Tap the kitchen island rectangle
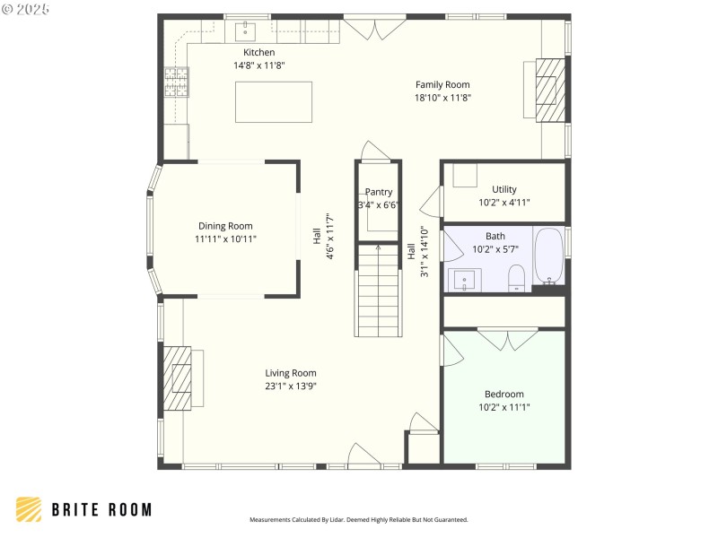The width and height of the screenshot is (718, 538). tap(274, 101)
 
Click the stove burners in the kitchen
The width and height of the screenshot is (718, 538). tap(176, 82)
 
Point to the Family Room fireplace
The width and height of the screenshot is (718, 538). tap(551, 90)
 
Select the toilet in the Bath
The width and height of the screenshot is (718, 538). tap(517, 278)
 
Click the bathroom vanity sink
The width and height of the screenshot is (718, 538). tap(465, 281)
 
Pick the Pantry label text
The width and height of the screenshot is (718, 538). tap(378, 192)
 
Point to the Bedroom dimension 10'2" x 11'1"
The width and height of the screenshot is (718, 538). tap(503, 407)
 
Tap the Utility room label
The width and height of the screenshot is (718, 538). tap(503, 189)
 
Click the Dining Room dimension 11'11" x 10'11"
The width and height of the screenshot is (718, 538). tap(225, 239)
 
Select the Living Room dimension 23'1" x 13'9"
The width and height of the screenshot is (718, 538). tap(290, 386)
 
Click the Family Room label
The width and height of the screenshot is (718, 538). tap(442, 84)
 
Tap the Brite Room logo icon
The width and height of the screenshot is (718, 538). tap(29, 509)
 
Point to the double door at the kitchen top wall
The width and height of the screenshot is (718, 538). tap(374, 28)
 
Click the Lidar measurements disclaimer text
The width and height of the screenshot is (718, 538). tap(358, 519)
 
